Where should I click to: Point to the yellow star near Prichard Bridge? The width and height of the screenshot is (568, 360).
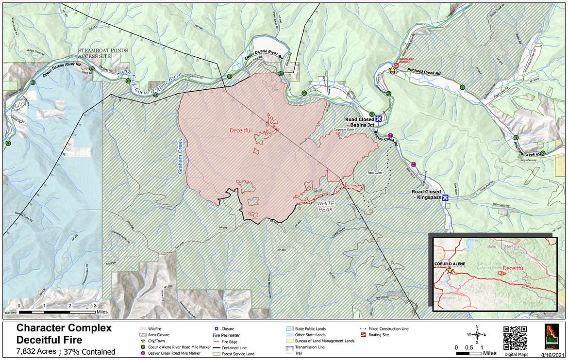click(x=392, y=70)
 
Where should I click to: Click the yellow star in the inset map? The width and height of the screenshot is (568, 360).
click(x=450, y=270)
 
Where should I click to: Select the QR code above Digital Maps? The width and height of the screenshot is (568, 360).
click(x=515, y=338)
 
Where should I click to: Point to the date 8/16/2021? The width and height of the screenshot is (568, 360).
click(x=551, y=355)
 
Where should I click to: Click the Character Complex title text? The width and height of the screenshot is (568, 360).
click(x=64, y=328)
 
